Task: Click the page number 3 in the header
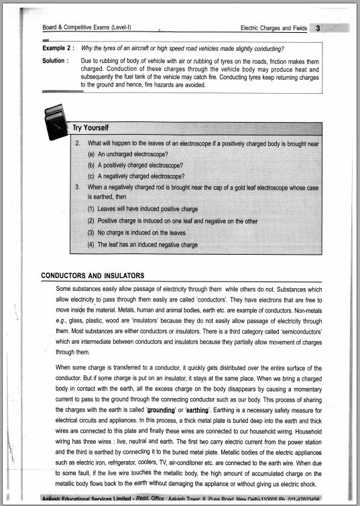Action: [318, 28]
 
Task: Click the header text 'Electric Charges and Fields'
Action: [273, 28]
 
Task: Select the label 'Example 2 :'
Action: [58, 49]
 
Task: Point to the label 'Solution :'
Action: [55, 61]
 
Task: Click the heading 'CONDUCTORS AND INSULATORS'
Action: [93, 275]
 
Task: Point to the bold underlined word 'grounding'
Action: [160, 409]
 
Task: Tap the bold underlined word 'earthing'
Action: [198, 409]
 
